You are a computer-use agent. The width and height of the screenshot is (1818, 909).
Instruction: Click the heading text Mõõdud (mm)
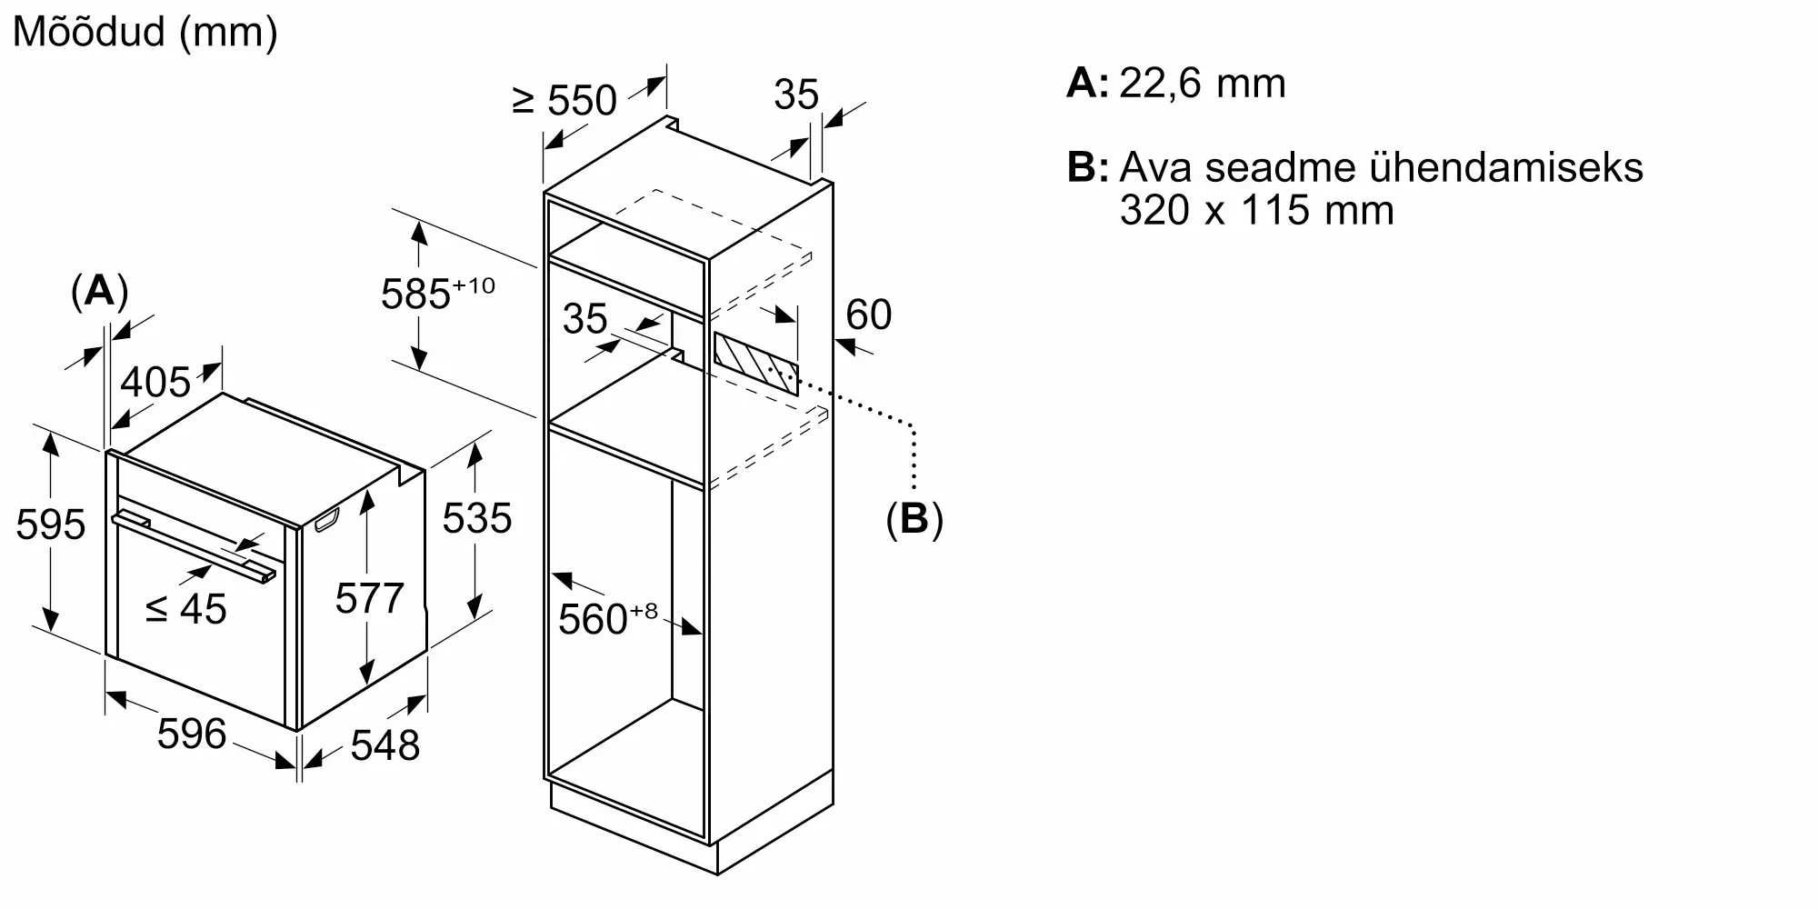145,33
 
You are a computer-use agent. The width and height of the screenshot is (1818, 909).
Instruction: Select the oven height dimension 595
51,524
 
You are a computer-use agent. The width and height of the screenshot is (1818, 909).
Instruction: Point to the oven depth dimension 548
385,745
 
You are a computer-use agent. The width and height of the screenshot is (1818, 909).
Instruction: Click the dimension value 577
369,598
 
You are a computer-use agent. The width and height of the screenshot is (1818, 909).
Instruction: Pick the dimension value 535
477,518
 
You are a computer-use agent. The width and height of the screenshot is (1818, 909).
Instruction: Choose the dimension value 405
155,382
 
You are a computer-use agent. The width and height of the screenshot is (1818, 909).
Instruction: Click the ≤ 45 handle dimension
186,609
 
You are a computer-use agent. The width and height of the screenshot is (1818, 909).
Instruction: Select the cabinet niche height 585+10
437,294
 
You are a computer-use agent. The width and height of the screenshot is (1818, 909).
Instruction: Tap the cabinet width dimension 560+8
607,618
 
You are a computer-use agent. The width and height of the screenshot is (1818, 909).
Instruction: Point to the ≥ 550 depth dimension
564,100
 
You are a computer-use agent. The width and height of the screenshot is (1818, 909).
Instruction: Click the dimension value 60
868,315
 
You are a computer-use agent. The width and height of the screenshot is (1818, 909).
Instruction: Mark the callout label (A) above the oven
99,292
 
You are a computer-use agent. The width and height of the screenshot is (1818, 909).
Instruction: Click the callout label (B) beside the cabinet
914,519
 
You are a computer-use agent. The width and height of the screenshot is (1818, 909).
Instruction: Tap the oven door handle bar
193,547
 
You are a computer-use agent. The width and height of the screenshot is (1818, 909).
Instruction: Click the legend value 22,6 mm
1203,84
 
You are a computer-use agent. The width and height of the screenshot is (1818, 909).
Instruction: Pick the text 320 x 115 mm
1256,211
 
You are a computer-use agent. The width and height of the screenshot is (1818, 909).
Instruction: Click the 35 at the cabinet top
796,95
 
